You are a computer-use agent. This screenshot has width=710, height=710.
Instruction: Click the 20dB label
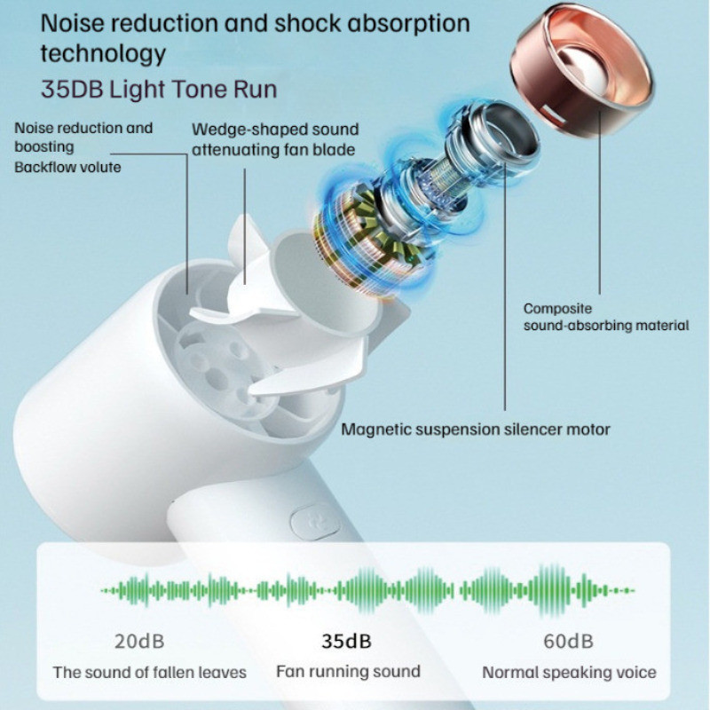coord(139,641)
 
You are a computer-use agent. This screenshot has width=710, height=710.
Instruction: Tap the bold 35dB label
coord(346,641)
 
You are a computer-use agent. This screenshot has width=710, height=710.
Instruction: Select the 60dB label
coord(568,641)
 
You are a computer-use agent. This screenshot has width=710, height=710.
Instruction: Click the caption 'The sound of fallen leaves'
coord(149,672)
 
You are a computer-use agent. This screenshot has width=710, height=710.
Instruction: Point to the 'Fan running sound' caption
coord(348,671)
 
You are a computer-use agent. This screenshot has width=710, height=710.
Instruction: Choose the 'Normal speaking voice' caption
coord(569,672)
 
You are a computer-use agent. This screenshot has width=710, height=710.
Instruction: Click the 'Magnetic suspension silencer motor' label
coord(477,430)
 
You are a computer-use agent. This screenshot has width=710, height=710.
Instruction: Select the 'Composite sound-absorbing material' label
coord(606,318)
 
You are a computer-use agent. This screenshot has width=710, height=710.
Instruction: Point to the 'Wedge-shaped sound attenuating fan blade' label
coord(273,139)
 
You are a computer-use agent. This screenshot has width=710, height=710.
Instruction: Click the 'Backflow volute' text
coord(67,167)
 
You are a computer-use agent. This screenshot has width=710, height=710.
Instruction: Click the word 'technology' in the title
coord(103,53)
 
